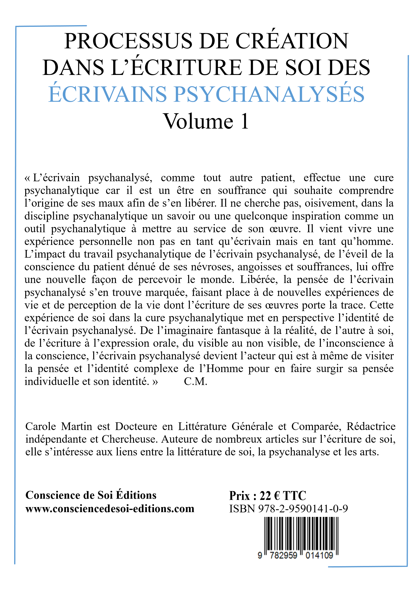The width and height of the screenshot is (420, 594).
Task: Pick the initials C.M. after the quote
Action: [195, 381]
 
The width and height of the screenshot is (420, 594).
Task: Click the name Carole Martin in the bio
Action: [59, 426]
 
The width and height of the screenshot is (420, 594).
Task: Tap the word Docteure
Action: [136, 426]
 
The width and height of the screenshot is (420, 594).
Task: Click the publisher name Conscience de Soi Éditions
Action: [91, 495]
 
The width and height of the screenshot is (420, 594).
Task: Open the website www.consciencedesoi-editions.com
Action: [110, 509]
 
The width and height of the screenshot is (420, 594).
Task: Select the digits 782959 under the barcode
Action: [283, 555]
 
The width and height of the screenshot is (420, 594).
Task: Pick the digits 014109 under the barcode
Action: [319, 555]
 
